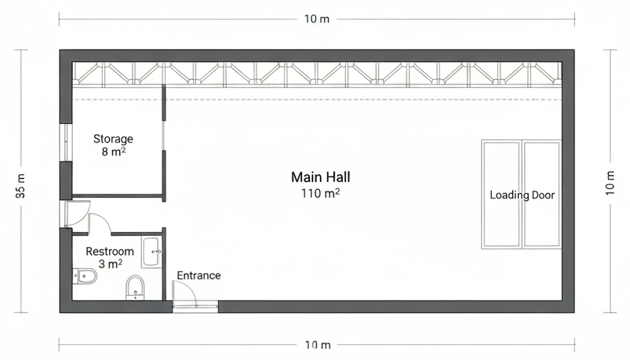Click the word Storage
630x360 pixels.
[113, 139]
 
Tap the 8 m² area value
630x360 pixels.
[114, 152]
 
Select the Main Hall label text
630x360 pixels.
[321, 177]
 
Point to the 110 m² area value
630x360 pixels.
[321, 193]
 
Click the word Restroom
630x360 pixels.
[110, 252]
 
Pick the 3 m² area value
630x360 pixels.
[111, 264]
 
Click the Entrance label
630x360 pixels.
[198, 275]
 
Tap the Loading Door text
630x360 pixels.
[523, 195]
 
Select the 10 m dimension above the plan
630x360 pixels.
[317, 19]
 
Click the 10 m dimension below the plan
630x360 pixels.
[318, 345]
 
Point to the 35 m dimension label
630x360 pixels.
[21, 186]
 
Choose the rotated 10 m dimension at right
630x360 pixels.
[610, 184]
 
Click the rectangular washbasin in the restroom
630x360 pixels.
[151, 253]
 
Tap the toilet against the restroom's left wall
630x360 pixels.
[85, 276]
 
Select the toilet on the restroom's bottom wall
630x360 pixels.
[135, 288]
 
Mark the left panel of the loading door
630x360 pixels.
[502, 195]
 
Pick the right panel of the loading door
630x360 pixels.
[541, 195]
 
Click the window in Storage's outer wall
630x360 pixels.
[65, 143]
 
